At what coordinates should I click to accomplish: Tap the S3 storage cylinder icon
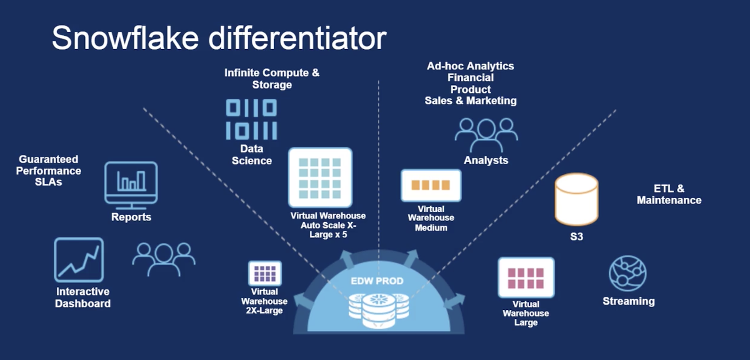click(x=576, y=199)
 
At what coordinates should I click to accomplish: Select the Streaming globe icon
click(x=627, y=273)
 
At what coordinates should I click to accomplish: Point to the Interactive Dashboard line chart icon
click(x=79, y=260)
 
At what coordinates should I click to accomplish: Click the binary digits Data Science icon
click(x=251, y=120)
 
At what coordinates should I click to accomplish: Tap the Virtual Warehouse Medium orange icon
click(x=431, y=185)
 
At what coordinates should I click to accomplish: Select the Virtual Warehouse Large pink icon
click(x=526, y=277)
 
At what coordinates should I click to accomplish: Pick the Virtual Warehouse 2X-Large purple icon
click(x=265, y=273)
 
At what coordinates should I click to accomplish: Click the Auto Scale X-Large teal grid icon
click(x=320, y=178)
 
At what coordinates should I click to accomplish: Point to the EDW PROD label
click(x=377, y=281)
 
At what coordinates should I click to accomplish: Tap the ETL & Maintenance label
click(x=669, y=194)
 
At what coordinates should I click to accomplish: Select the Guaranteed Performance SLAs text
click(x=48, y=171)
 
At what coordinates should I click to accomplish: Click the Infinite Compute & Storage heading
click(x=272, y=79)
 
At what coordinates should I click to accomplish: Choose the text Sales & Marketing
click(x=471, y=101)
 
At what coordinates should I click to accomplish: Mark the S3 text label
click(x=577, y=237)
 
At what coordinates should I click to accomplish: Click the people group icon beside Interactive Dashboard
click(x=164, y=258)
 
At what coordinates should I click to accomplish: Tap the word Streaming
click(x=629, y=301)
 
